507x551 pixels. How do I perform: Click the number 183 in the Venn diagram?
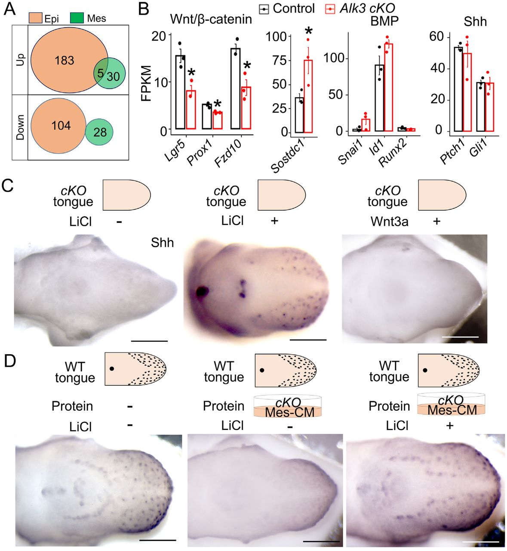(x=65, y=60)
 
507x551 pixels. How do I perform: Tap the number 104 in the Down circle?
(x=61, y=126)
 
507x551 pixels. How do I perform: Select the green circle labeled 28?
(x=99, y=132)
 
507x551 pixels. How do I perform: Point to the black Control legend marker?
(x=264, y=9)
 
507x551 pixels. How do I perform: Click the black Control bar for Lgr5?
(x=180, y=92)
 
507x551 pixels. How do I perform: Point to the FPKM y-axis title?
(x=146, y=83)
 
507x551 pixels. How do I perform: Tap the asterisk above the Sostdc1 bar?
(x=309, y=32)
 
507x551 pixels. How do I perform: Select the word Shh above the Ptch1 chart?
(x=475, y=22)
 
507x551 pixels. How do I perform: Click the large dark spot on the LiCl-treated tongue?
(x=201, y=291)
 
